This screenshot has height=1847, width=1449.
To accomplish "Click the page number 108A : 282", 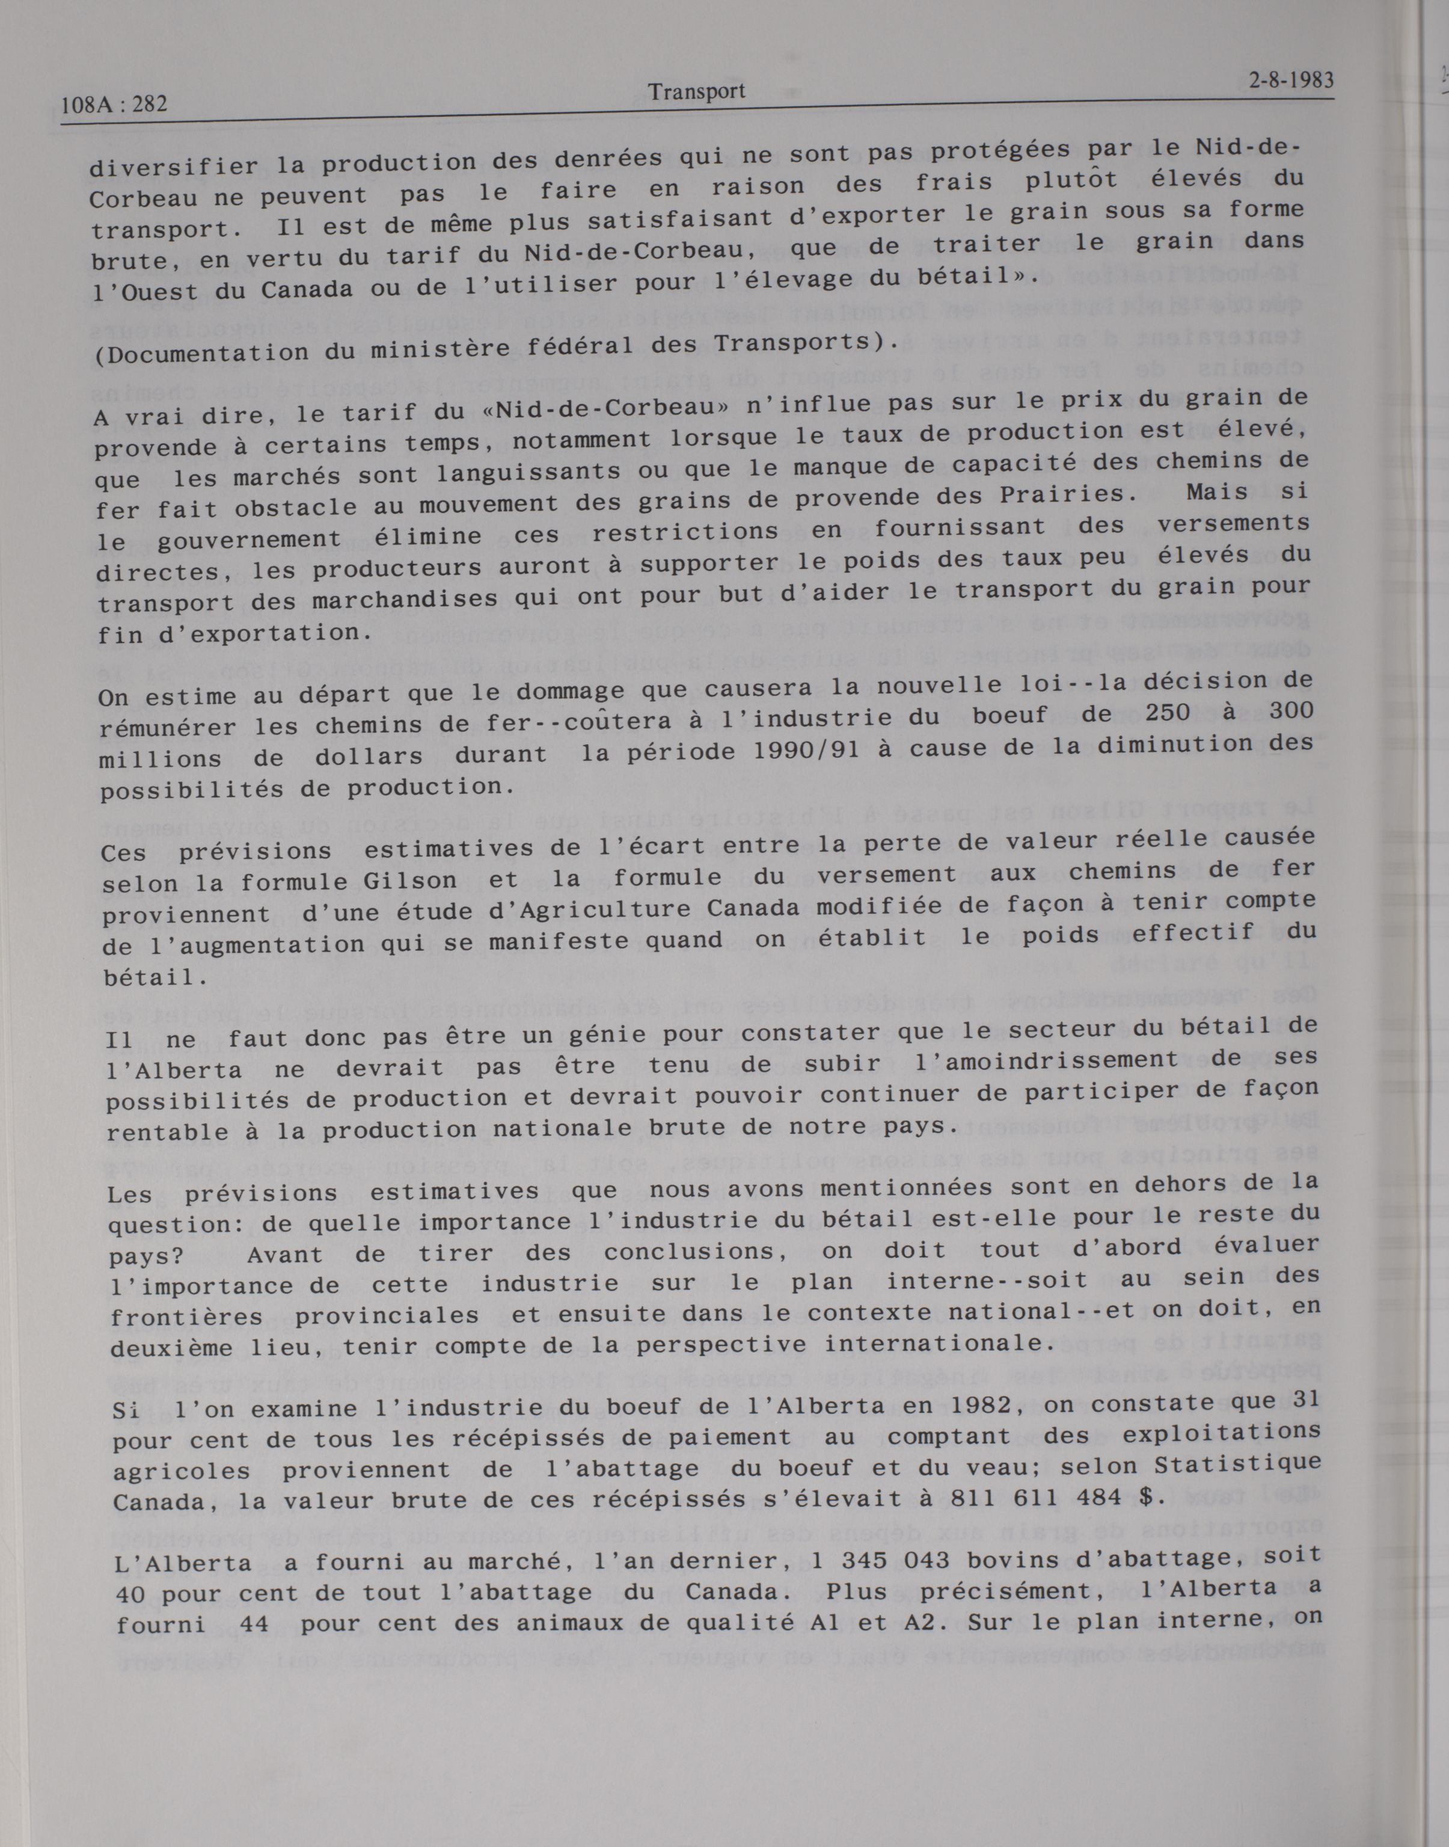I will tap(114, 105).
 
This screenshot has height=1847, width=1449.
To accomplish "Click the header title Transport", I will tap(696, 91).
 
